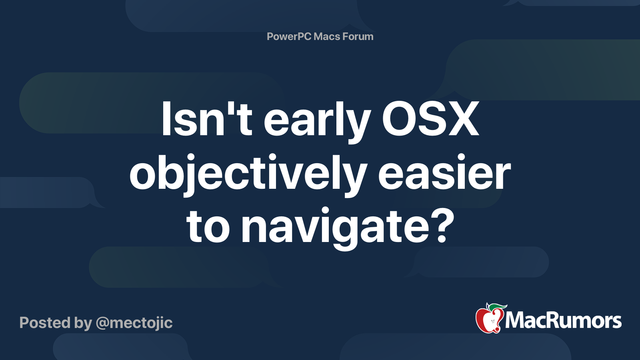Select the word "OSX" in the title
pyautogui.click(x=430, y=119)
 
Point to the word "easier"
pyautogui.click(x=444, y=174)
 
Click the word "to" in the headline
pyautogui.click(x=208, y=226)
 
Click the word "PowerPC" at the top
pyautogui.click(x=289, y=37)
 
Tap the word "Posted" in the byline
pyautogui.click(x=45, y=323)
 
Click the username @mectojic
pyautogui.click(x=134, y=323)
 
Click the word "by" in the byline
pyautogui.click(x=83, y=323)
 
